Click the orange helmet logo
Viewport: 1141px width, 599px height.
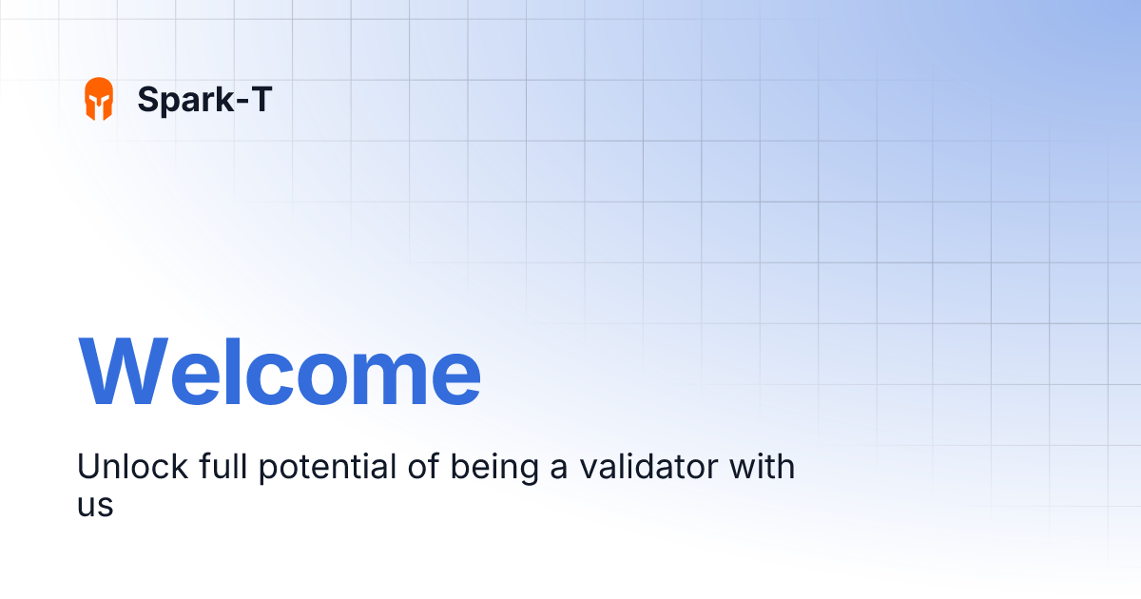(x=99, y=99)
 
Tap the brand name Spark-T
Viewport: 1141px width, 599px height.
(x=204, y=99)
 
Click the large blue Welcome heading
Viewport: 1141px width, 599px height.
(x=280, y=372)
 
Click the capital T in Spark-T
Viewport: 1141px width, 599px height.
(x=259, y=99)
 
